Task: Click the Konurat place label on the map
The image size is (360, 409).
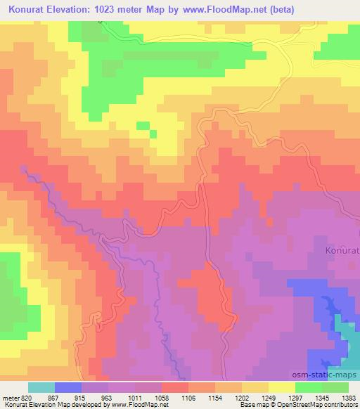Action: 342,249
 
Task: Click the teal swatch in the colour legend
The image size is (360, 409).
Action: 41,387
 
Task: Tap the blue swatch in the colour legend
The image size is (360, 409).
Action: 68,387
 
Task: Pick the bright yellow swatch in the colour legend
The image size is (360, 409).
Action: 282,387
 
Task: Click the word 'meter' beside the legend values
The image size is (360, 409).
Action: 9,397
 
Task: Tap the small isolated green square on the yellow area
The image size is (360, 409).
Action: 143,126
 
